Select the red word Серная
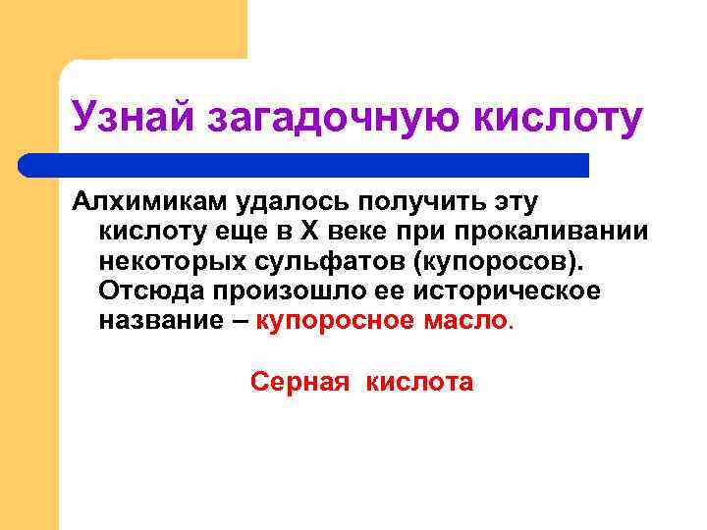point(299,381)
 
